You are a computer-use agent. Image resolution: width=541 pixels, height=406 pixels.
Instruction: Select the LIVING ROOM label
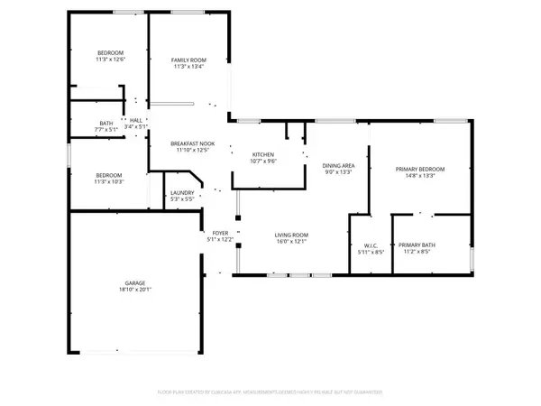tap(291, 235)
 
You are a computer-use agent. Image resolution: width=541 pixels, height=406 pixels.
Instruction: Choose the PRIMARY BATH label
tap(417, 245)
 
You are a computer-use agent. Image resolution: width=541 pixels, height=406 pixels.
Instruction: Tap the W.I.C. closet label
tap(365, 245)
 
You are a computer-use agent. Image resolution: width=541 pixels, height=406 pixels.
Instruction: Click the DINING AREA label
tap(338, 165)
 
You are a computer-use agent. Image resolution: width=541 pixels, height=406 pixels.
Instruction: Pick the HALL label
tap(136, 121)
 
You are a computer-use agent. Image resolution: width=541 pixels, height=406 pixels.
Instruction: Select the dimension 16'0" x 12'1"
tap(291, 241)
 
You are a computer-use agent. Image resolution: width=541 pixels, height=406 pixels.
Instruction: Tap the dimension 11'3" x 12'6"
tap(111, 60)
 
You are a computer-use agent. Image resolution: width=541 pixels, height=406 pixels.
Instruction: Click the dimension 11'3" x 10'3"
tap(111, 181)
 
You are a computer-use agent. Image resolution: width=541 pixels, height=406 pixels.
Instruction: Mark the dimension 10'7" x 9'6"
tap(263, 161)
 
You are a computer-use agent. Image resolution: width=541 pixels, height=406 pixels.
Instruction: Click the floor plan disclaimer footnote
tap(270, 392)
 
